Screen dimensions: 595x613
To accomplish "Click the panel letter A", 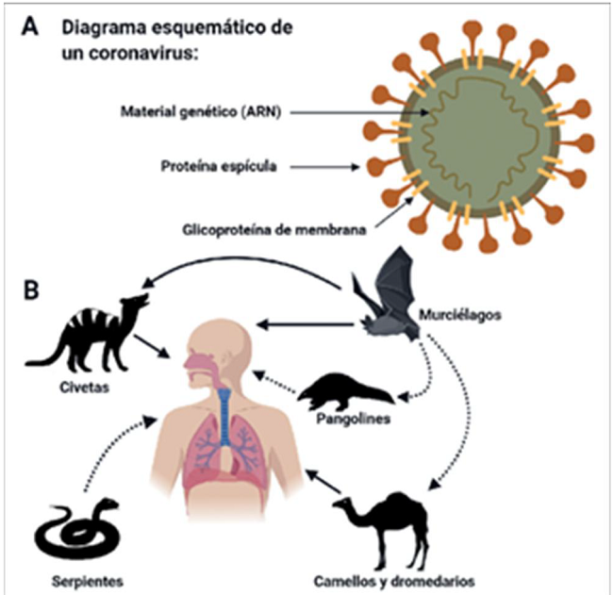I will click(32, 29).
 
